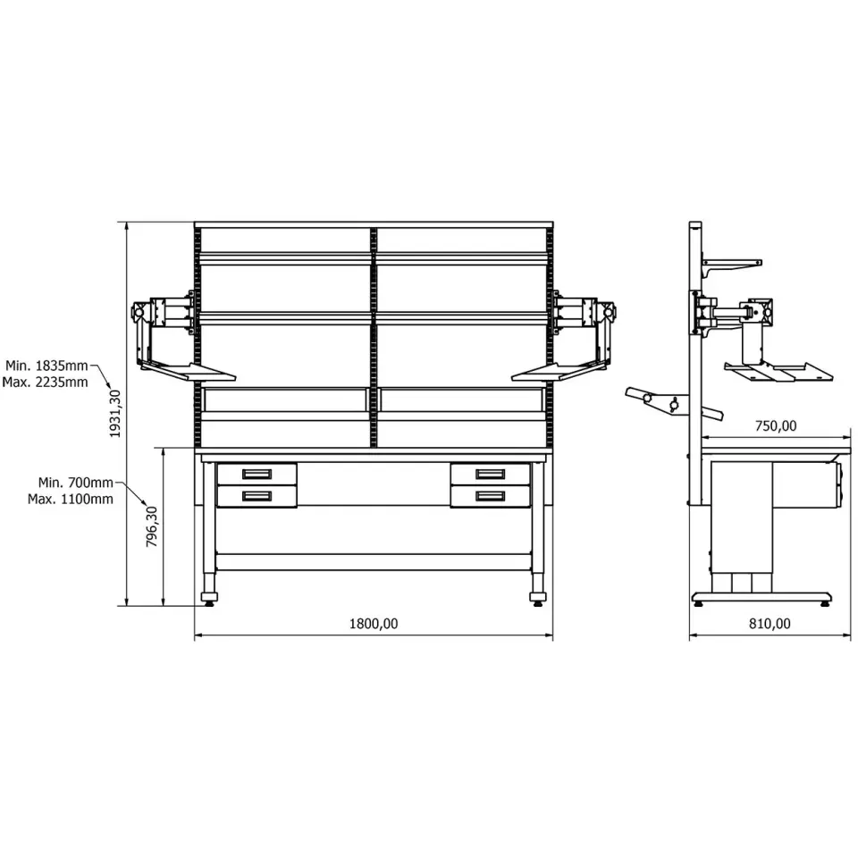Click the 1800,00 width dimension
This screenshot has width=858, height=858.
pyautogui.click(x=374, y=623)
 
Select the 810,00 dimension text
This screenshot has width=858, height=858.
pyautogui.click(x=770, y=623)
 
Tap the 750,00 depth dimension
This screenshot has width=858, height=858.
pyautogui.click(x=776, y=425)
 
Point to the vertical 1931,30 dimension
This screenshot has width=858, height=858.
pyautogui.click(x=115, y=413)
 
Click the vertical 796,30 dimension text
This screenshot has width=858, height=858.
pyautogui.click(x=152, y=526)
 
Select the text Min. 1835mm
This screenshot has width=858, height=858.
pyautogui.click(x=46, y=366)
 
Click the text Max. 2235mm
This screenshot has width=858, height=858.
pyautogui.click(x=45, y=382)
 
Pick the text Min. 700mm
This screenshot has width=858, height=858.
pyautogui.click(x=75, y=483)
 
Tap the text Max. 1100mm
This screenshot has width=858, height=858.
pyautogui.click(x=71, y=499)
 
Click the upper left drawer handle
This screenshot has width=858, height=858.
pyautogui.click(x=257, y=474)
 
